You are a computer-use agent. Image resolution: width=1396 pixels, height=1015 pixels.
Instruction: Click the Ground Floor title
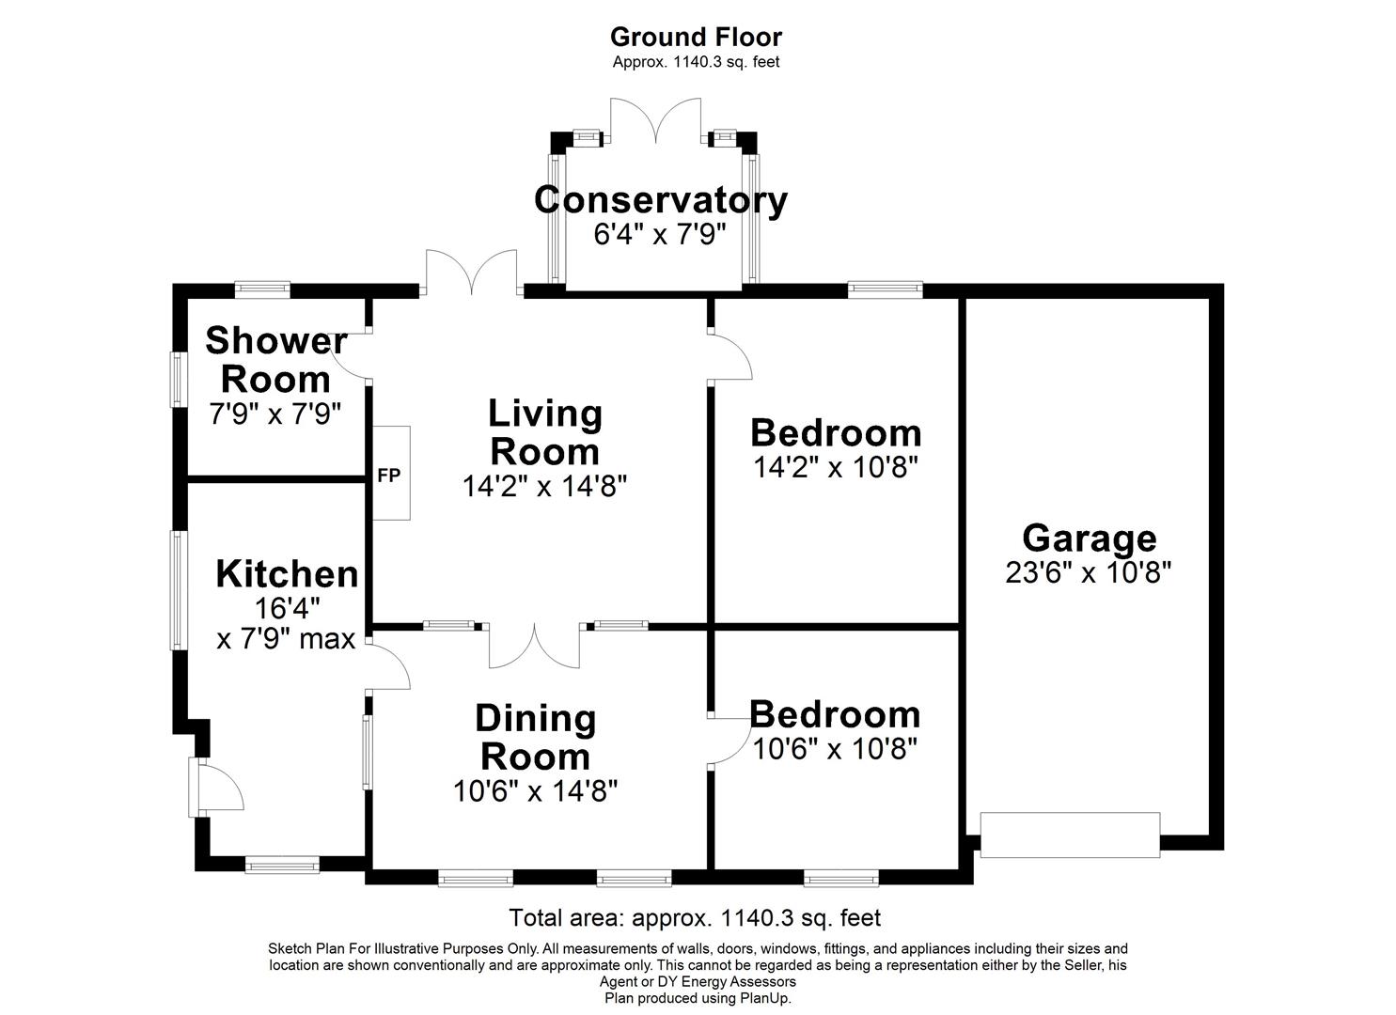point(696,37)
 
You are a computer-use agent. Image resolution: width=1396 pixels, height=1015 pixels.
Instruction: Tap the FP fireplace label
point(389,476)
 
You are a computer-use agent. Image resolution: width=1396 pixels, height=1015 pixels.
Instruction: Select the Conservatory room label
point(660,200)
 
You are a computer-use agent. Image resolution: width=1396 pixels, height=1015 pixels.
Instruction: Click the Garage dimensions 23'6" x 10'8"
point(1088,572)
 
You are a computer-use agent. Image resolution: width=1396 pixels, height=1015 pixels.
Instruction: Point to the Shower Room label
point(275,360)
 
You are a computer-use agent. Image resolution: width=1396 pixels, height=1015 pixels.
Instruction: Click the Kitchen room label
point(287,573)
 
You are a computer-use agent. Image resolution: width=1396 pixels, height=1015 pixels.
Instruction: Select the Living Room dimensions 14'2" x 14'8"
point(544,486)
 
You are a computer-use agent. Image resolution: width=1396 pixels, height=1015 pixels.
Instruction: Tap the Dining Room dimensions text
point(535,791)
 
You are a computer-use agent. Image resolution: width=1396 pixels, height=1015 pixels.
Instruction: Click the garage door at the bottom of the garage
point(1070,835)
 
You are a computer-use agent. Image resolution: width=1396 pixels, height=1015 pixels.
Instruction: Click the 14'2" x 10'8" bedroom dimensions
point(835,467)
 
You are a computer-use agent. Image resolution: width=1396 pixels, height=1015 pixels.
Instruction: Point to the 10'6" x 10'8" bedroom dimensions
point(835,748)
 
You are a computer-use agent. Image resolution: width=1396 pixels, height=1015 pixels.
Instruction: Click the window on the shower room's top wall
point(262,289)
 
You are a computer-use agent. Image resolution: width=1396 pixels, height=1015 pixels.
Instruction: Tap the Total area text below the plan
point(695,917)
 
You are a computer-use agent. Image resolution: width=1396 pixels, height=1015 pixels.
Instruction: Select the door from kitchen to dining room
point(387,665)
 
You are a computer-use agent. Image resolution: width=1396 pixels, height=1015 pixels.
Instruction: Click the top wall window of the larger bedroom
point(885,289)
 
